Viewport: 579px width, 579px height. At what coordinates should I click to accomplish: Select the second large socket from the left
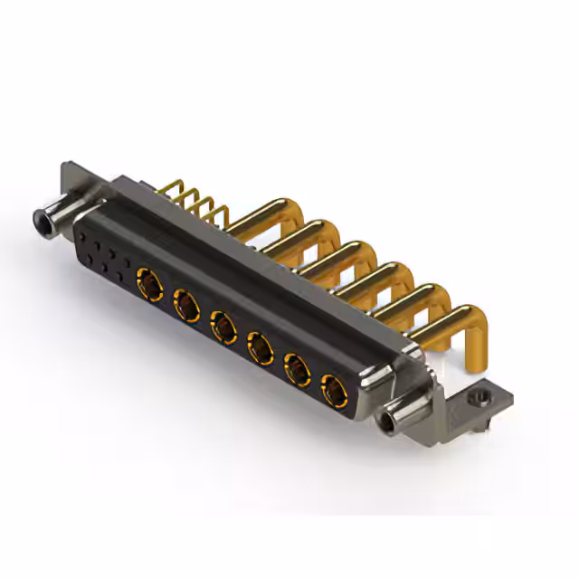click(x=186, y=303)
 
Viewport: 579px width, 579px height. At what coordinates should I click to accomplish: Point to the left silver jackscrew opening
click(x=41, y=218)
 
